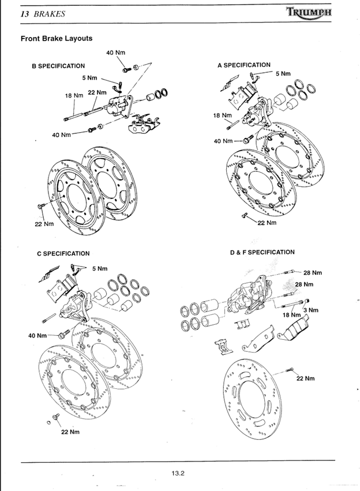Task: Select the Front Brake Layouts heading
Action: click(57, 39)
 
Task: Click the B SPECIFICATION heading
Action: click(58, 66)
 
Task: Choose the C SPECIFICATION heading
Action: click(63, 253)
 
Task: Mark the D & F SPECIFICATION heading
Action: click(262, 252)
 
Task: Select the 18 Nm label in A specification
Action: click(222, 115)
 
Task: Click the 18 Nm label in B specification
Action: click(74, 95)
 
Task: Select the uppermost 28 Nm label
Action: click(312, 272)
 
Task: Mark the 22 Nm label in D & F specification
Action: click(305, 378)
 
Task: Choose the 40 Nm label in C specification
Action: click(37, 335)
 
